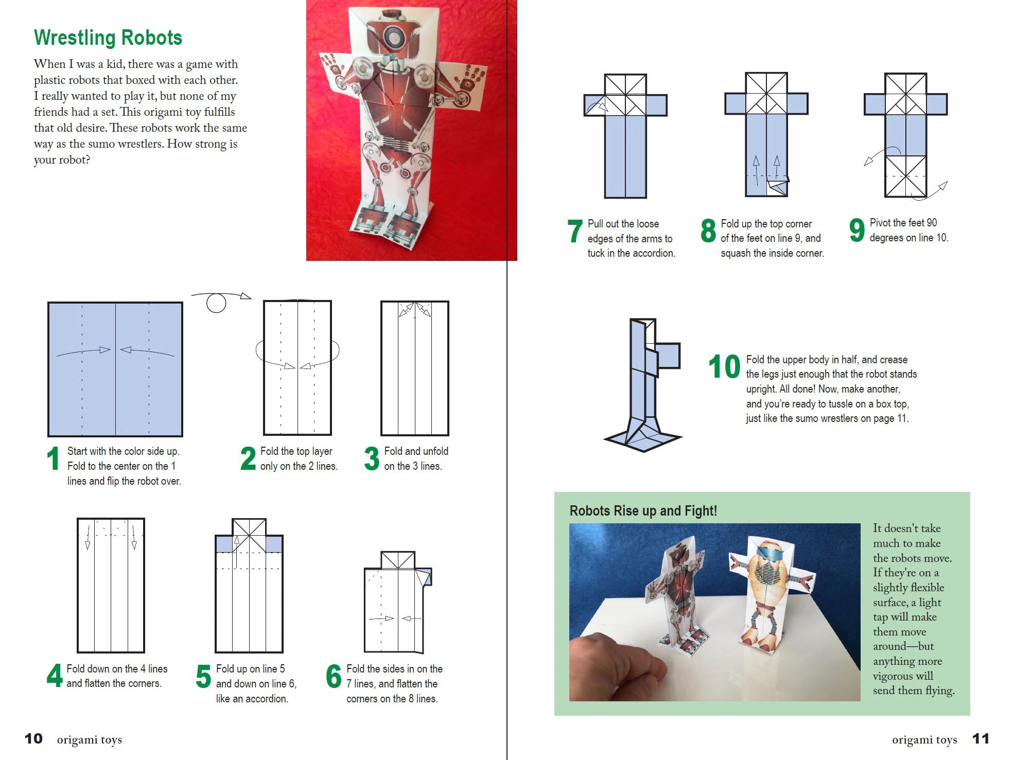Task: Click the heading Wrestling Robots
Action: pos(108,38)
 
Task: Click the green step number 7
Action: pos(575,231)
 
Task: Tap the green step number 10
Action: pos(724,367)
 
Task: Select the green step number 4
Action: pos(55,676)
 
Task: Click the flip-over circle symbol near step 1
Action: pos(216,303)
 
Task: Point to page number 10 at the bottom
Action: pos(33,739)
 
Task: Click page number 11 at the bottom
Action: pos(980,739)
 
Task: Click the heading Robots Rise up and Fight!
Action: pos(643,510)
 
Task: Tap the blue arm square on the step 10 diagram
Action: pos(668,356)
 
